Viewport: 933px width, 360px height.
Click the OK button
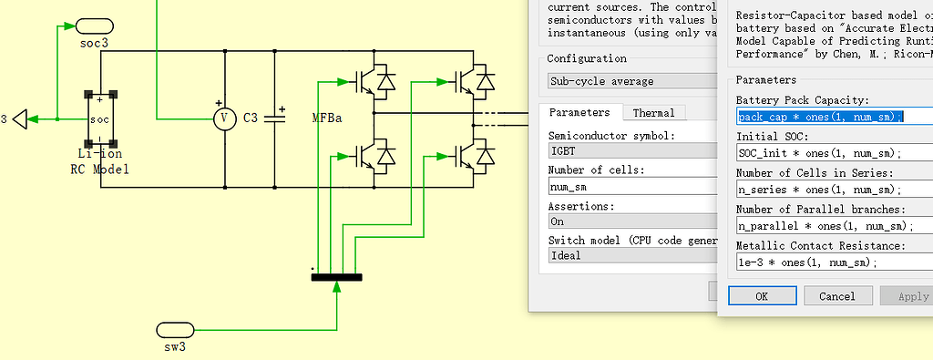762,296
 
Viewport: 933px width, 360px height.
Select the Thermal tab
653,113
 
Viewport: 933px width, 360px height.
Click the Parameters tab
579,113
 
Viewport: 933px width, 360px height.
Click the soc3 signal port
95,26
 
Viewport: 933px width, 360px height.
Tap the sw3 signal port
174,329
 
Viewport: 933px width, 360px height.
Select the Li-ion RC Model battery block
100,119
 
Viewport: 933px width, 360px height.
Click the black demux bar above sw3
336,277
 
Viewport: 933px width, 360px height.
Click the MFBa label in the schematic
327,119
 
